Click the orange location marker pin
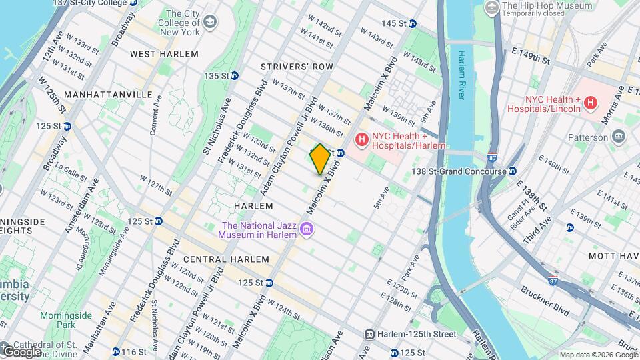click(x=320, y=159)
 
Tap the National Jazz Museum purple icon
click(x=307, y=230)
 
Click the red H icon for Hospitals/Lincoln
click(x=589, y=102)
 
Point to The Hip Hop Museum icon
click(x=492, y=8)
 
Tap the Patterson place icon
click(x=619, y=137)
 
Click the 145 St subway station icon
click(x=412, y=23)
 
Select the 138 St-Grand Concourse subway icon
click(x=513, y=171)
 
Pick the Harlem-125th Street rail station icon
click(x=368, y=334)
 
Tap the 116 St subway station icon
click(x=116, y=351)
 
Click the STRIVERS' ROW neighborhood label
click(x=296, y=67)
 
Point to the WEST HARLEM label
click(x=164, y=54)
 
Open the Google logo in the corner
click(x=21, y=351)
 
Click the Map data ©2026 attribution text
click(x=597, y=355)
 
